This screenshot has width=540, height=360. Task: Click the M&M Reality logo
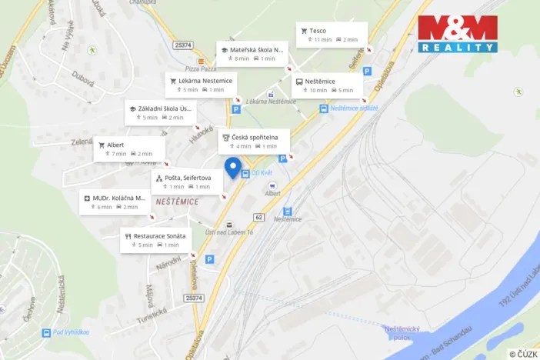click(458, 34)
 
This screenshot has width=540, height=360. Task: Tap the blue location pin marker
click(232, 167)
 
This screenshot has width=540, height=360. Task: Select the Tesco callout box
click(332, 35)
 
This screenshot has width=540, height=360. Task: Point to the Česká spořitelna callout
click(254, 141)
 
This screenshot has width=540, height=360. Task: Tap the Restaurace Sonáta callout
click(155, 240)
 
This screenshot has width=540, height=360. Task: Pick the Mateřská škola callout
click(255, 53)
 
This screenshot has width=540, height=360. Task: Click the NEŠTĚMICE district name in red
click(177, 202)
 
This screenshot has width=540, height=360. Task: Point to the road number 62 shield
click(259, 218)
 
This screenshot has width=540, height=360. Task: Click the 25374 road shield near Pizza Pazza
click(184, 45)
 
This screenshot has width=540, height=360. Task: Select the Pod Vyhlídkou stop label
click(69, 332)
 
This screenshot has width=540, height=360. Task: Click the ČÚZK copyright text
click(522, 354)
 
